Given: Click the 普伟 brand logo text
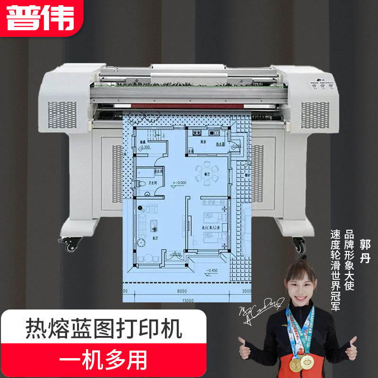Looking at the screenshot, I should click(x=41, y=18).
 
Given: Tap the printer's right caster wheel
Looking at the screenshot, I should click(x=299, y=245).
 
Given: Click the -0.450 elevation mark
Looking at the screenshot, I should click(x=211, y=271).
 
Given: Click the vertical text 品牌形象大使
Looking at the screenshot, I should click(x=350, y=260).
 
